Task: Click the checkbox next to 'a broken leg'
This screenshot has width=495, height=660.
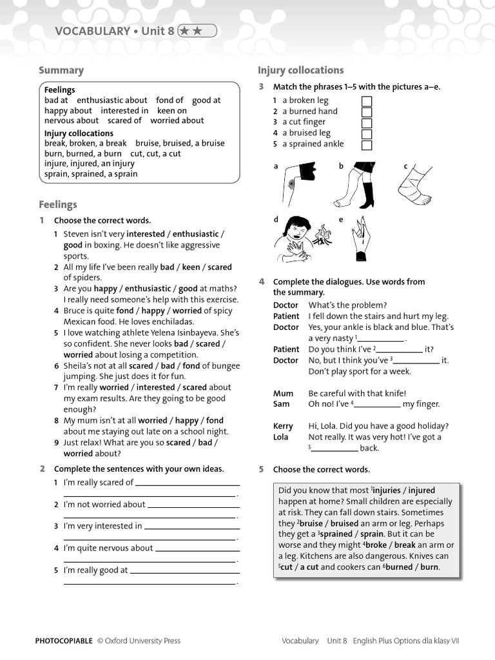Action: pyautogui.click(x=367, y=101)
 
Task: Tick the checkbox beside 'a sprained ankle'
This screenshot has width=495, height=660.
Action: pyautogui.click(x=367, y=144)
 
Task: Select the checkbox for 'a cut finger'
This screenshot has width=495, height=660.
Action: pyautogui.click(x=367, y=122)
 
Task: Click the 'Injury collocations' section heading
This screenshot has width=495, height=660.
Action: pyautogui.click(x=300, y=70)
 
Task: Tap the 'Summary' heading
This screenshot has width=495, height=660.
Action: pyautogui.click(x=61, y=70)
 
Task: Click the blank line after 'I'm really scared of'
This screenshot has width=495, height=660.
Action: pyautogui.click(x=188, y=483)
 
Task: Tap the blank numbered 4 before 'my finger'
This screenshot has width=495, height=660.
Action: pyautogui.click(x=377, y=405)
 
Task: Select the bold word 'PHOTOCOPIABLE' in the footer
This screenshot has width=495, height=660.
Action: pyautogui.click(x=64, y=641)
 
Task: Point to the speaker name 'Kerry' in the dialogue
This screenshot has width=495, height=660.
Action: pyautogui.click(x=283, y=426)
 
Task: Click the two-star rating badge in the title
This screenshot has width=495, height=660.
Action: pyautogui.click(x=197, y=30)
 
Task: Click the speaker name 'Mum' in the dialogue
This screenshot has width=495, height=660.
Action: pyautogui.click(x=283, y=393)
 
